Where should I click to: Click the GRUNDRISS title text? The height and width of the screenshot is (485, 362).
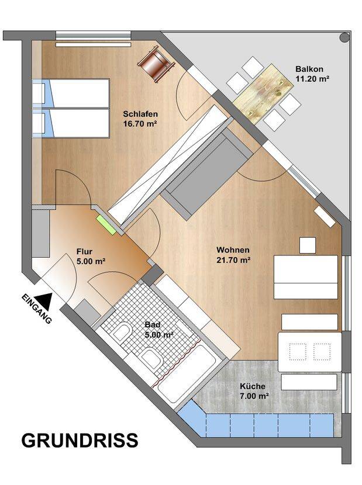(80, 440)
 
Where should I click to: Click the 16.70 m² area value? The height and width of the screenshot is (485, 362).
(140, 124)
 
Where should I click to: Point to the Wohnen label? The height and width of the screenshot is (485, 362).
(233, 250)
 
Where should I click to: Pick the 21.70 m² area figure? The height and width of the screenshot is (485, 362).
(233, 260)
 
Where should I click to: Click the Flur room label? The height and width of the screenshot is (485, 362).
(84, 252)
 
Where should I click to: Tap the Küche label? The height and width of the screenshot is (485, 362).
(253, 386)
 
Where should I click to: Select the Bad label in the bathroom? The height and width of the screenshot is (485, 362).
(153, 325)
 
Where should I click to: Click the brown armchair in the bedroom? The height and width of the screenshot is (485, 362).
(156, 64)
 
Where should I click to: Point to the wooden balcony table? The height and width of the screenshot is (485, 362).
(263, 93)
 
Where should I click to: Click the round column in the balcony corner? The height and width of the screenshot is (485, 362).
(344, 37)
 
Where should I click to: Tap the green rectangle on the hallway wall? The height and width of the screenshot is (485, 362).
(106, 224)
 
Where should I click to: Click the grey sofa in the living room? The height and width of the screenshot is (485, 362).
(207, 174)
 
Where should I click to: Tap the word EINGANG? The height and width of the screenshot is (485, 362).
(36, 309)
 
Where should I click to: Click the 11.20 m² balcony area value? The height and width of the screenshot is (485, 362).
(312, 78)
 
